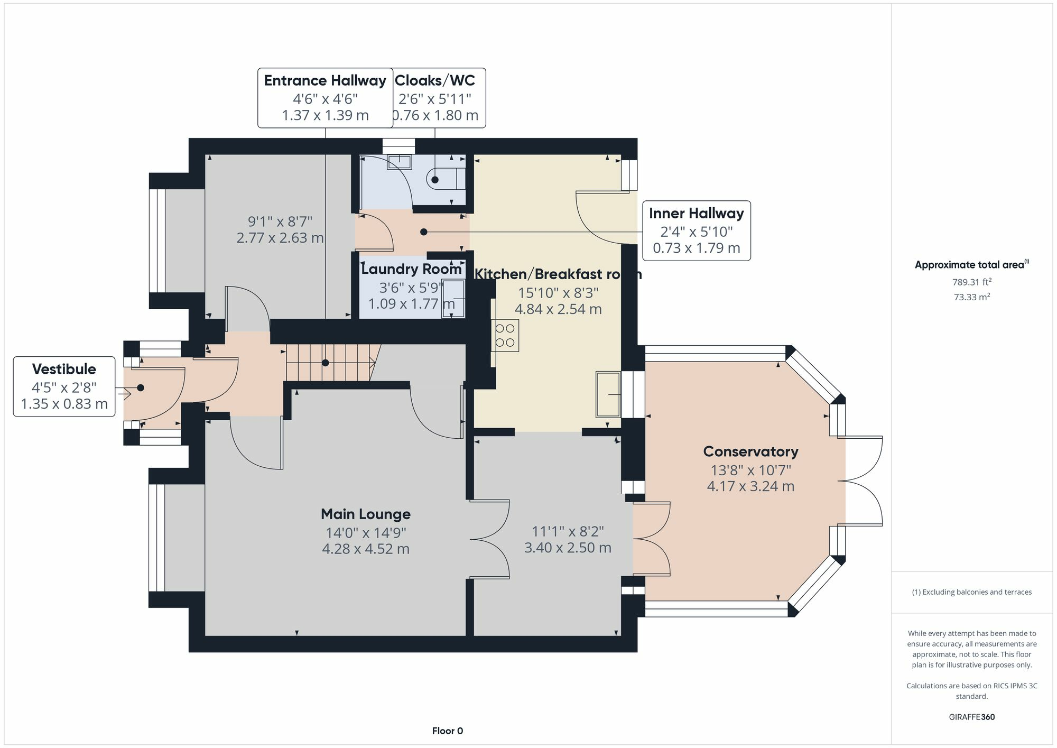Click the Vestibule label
pyautogui.click(x=64, y=369)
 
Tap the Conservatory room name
pyautogui.click(x=750, y=451)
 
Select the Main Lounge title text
pyautogui.click(x=366, y=514)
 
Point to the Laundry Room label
pyautogui.click(x=411, y=269)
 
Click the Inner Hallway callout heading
pyautogui.click(x=697, y=214)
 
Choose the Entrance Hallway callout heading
pyautogui.click(x=325, y=80)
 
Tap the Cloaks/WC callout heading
pyautogui.click(x=435, y=80)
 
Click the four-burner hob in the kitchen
pyautogui.click(x=505, y=336)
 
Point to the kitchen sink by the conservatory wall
pyautogui.click(x=608, y=394)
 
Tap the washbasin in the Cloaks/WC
pyautogui.click(x=400, y=162)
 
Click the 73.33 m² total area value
pyautogui.click(x=972, y=297)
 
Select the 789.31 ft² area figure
pyautogui.click(x=972, y=282)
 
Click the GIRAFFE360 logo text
pyautogui.click(x=972, y=717)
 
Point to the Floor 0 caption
pyautogui.click(x=448, y=731)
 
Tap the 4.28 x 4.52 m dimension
pyautogui.click(x=366, y=549)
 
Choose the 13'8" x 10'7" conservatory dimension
pyautogui.click(x=750, y=470)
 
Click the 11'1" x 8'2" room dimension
pyautogui.click(x=568, y=531)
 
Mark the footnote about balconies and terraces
pyautogui.click(x=972, y=592)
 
